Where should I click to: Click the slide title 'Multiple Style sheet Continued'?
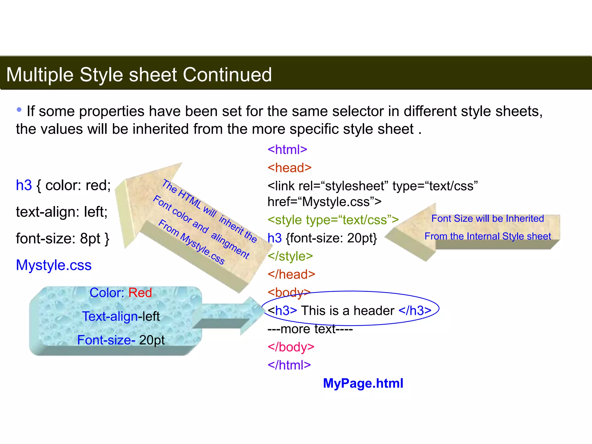(x=139, y=75)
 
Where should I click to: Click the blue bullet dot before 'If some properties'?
(x=19, y=110)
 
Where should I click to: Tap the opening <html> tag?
(x=287, y=150)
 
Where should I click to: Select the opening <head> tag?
(x=289, y=168)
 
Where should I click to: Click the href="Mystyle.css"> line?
(x=324, y=202)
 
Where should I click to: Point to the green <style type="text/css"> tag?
(x=333, y=220)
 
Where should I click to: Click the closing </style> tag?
(x=290, y=256)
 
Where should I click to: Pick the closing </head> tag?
(x=291, y=274)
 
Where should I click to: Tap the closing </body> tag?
(x=291, y=347)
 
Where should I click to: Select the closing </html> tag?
(x=289, y=365)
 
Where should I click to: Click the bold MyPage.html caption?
(x=363, y=383)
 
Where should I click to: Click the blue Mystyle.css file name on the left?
(x=54, y=265)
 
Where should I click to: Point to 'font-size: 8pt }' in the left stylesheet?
(x=63, y=239)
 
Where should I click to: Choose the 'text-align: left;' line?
(x=62, y=212)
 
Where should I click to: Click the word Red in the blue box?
(x=140, y=293)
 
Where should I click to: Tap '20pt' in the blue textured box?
(x=152, y=340)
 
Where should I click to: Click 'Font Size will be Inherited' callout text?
(x=488, y=219)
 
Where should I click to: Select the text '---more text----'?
(x=310, y=329)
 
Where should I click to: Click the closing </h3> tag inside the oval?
(x=415, y=311)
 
